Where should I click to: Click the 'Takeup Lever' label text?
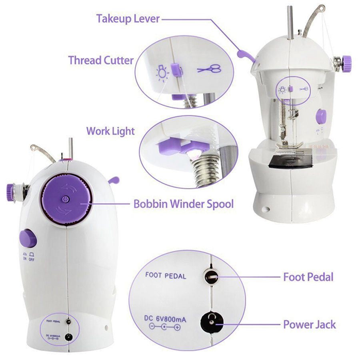click(x=128, y=19)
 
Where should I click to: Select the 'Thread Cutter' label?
click(x=100, y=60)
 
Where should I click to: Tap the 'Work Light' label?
click(x=110, y=131)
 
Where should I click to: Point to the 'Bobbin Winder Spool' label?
click(x=183, y=204)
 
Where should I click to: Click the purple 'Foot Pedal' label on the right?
click(x=308, y=276)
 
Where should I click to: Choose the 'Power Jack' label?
click(x=309, y=324)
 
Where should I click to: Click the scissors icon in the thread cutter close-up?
click(x=209, y=69)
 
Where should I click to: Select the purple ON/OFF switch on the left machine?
click(x=28, y=239)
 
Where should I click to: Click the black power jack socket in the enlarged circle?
click(x=210, y=320)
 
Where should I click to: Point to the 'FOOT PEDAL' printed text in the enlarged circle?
click(x=166, y=275)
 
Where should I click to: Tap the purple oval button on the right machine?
click(x=321, y=116)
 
